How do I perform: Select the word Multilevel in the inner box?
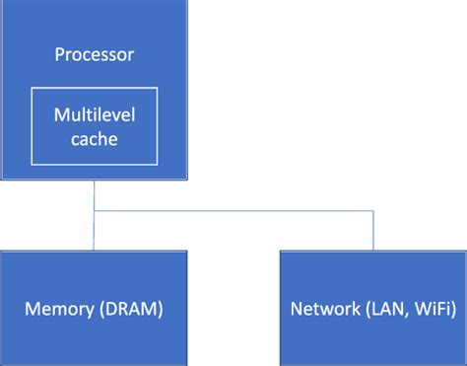pyautogui.click(x=94, y=117)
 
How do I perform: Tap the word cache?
pyautogui.click(x=94, y=139)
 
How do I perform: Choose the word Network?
pyautogui.click(x=322, y=309)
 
